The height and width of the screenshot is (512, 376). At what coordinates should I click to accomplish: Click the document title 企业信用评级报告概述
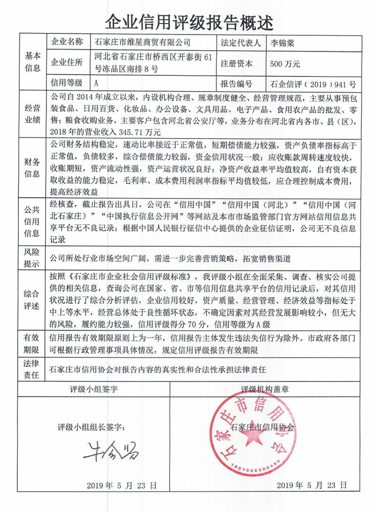[x=188, y=21]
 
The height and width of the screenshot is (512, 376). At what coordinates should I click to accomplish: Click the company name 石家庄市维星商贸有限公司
[x=143, y=42]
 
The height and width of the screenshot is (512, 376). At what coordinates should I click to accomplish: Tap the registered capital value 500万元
[x=285, y=63]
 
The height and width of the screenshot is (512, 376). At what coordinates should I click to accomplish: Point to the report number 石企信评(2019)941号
[x=313, y=85]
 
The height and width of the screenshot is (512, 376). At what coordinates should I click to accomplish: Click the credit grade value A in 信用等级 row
[x=96, y=84]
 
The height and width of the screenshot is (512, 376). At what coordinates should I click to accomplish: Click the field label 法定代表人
[x=240, y=42]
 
